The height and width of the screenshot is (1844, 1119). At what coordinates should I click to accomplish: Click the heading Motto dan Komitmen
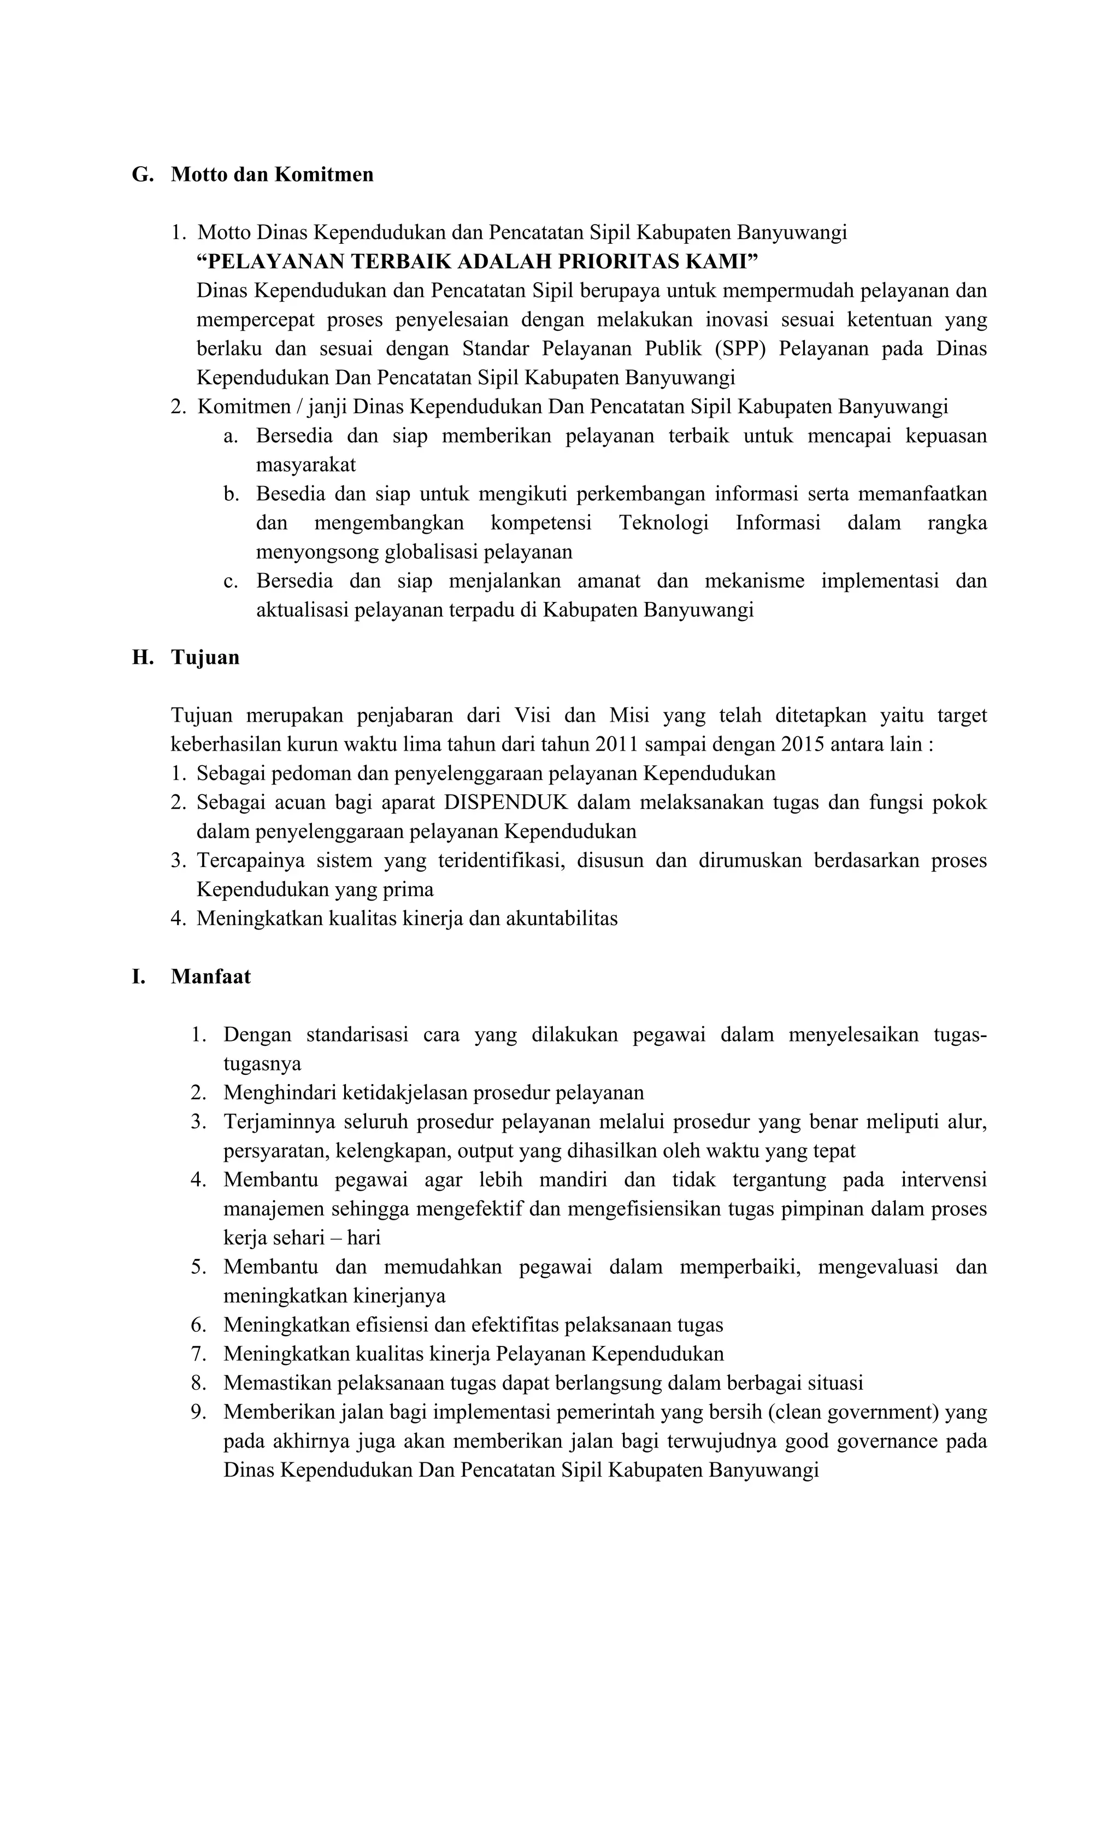coord(272,174)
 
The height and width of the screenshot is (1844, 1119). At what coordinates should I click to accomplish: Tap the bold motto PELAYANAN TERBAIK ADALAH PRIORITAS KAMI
coord(477,261)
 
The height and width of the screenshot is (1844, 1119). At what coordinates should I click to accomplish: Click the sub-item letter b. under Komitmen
coord(231,494)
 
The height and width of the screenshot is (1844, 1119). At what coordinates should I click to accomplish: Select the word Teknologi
coord(663,523)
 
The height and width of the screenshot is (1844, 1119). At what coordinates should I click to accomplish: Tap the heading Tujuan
coord(205,657)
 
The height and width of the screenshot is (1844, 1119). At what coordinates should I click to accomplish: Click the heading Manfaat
coord(210,976)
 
